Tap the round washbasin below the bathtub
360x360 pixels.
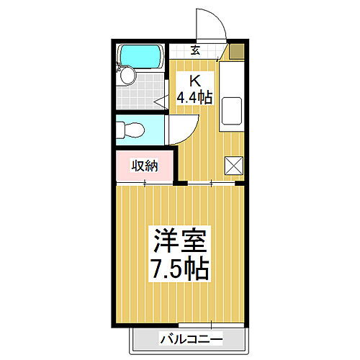click(x=128, y=76)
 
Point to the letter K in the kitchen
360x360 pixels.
click(x=194, y=80)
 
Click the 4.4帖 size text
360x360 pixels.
click(x=195, y=96)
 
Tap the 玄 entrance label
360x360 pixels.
click(x=195, y=50)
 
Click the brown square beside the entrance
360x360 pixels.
click(x=234, y=51)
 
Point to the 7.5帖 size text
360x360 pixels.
click(x=179, y=269)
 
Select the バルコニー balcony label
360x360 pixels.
click(x=192, y=338)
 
